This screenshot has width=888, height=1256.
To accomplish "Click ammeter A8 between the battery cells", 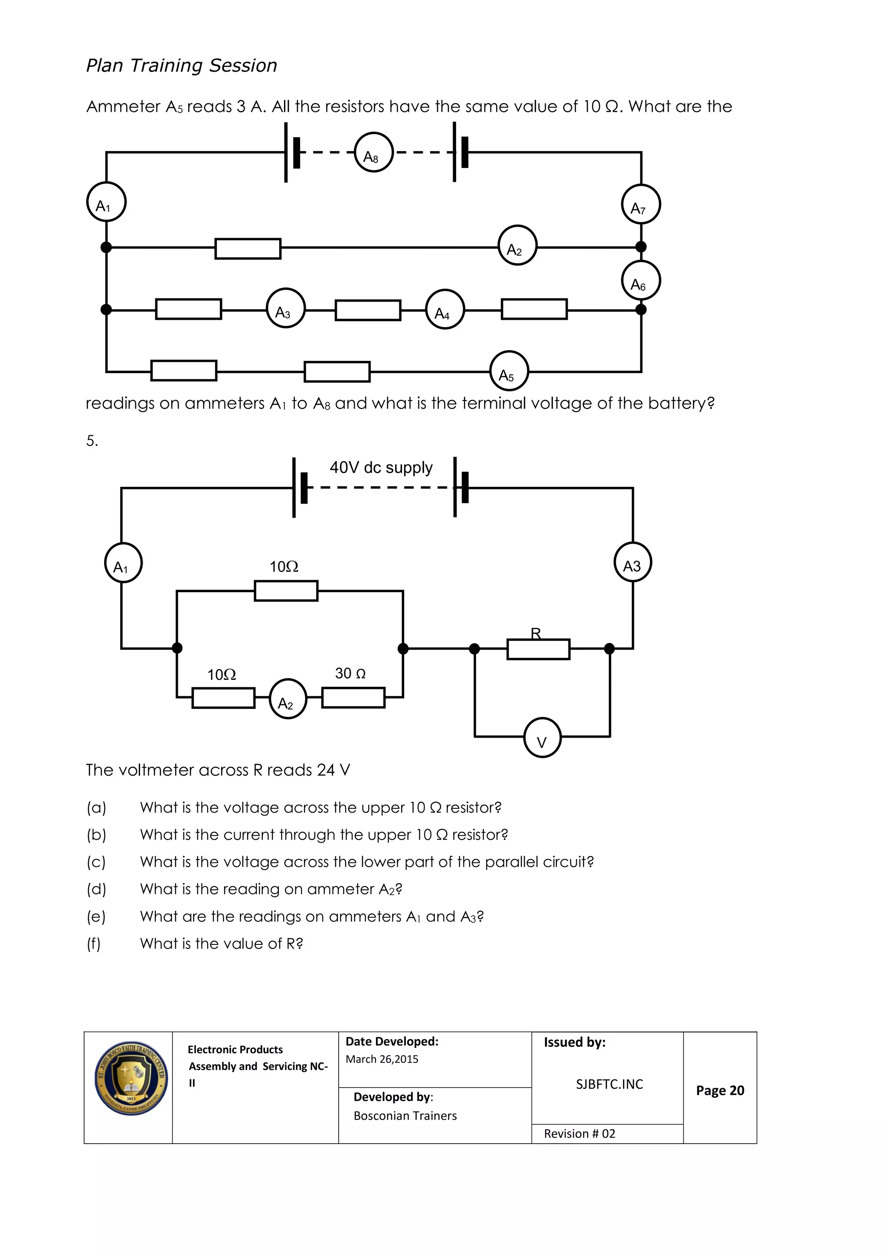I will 373,153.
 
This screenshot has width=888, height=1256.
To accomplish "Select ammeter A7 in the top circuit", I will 641,205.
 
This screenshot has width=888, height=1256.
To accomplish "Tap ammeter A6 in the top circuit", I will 641,281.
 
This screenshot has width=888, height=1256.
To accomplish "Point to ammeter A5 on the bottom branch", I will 509,371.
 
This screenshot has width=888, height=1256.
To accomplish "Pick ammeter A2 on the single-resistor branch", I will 517,246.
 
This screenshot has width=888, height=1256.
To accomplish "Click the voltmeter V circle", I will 542,738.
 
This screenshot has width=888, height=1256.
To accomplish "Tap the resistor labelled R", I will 538,649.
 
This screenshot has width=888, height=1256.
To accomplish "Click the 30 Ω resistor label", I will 350,673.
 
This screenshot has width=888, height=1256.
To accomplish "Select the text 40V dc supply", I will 381,468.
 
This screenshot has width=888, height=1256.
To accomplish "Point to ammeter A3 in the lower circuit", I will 633,562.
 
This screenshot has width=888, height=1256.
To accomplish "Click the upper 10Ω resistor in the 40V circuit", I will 286,591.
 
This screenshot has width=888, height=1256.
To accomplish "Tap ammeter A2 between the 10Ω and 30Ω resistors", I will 287,699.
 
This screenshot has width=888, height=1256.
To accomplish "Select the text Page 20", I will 720,1090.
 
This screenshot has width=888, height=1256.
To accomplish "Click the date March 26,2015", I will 382,1059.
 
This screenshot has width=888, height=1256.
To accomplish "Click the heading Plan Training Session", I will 182,66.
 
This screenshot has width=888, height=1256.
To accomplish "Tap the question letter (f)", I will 94,944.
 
